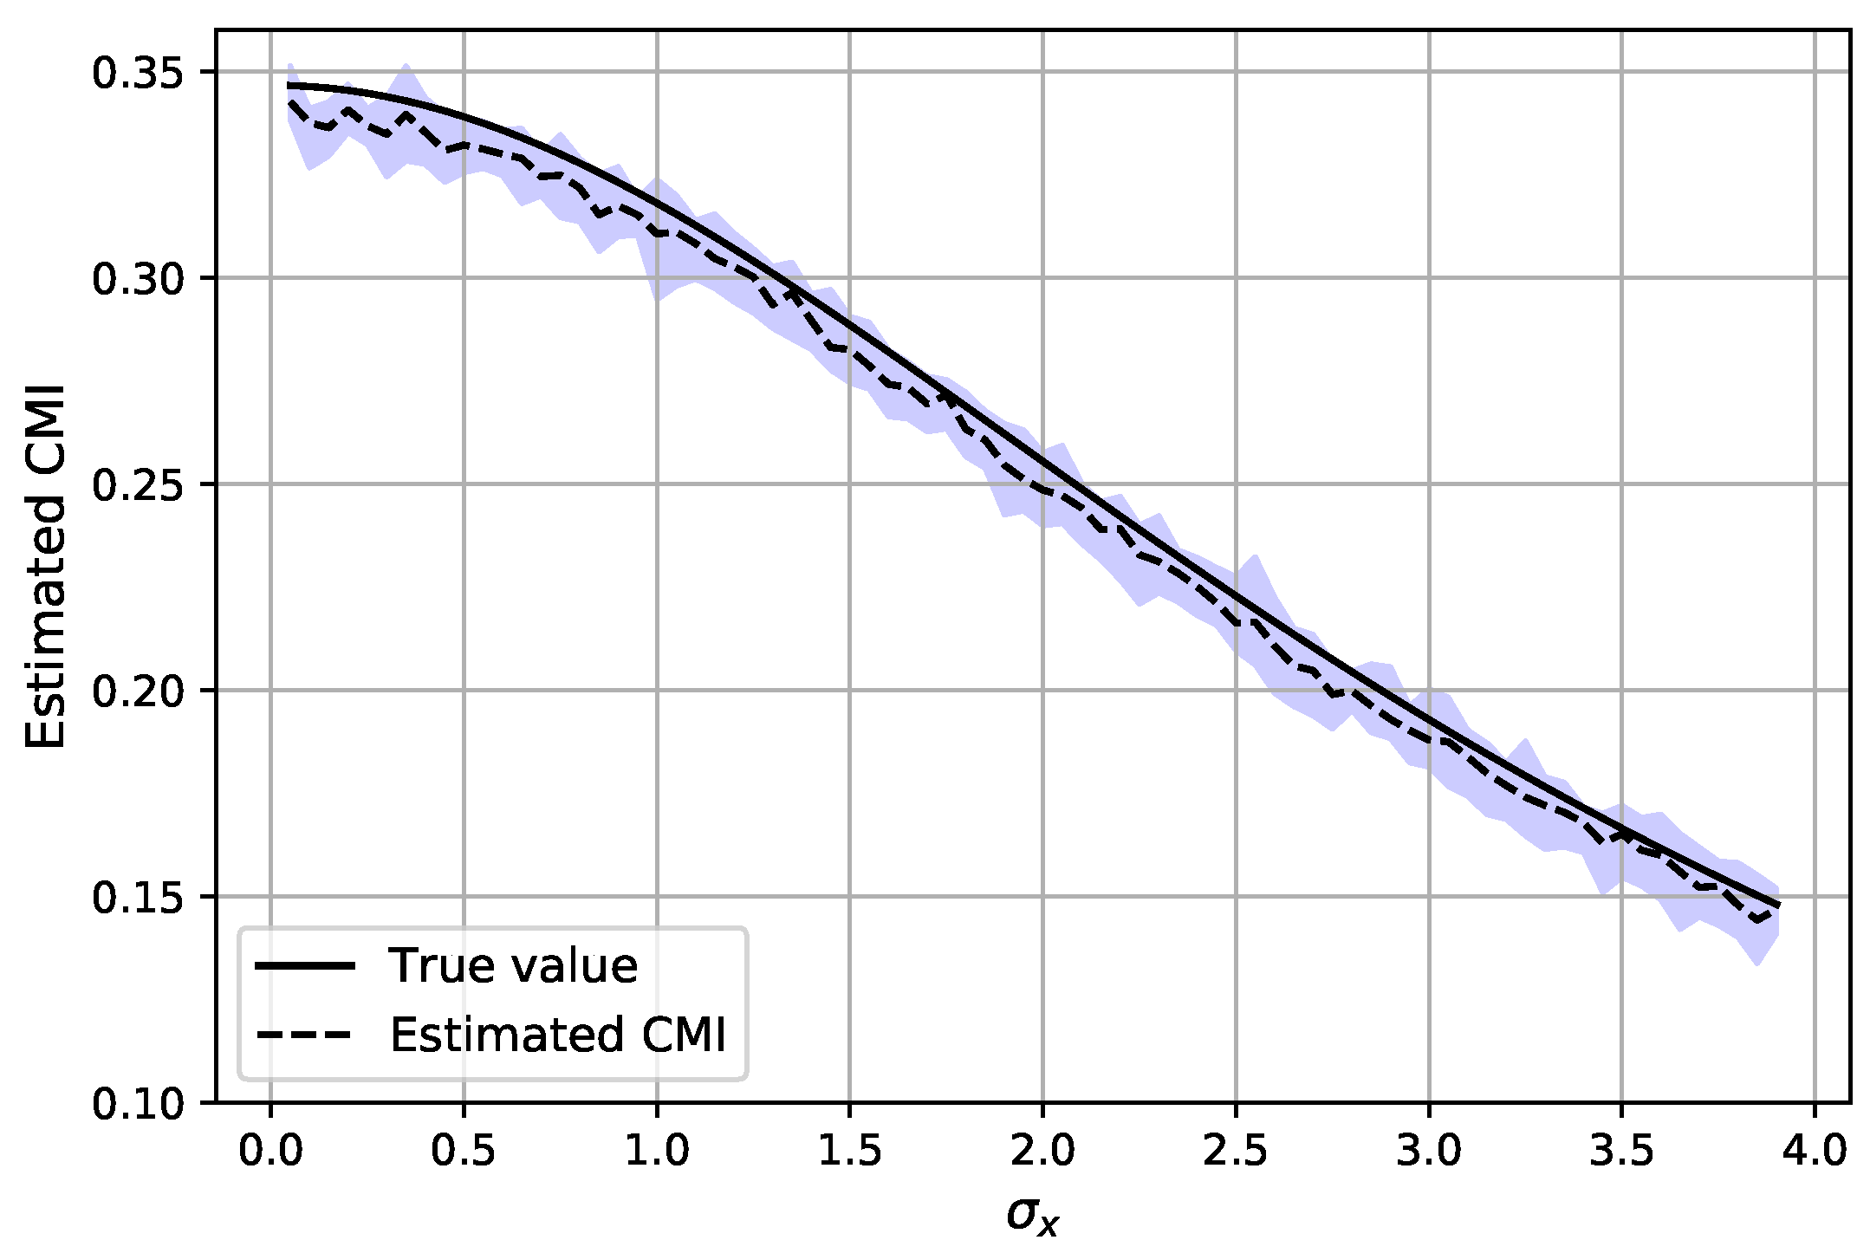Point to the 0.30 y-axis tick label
(137, 280)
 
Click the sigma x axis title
(1033, 1216)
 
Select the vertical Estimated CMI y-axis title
(45, 567)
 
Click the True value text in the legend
(513, 965)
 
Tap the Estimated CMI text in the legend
(557, 1035)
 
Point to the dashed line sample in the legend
(305, 1035)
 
